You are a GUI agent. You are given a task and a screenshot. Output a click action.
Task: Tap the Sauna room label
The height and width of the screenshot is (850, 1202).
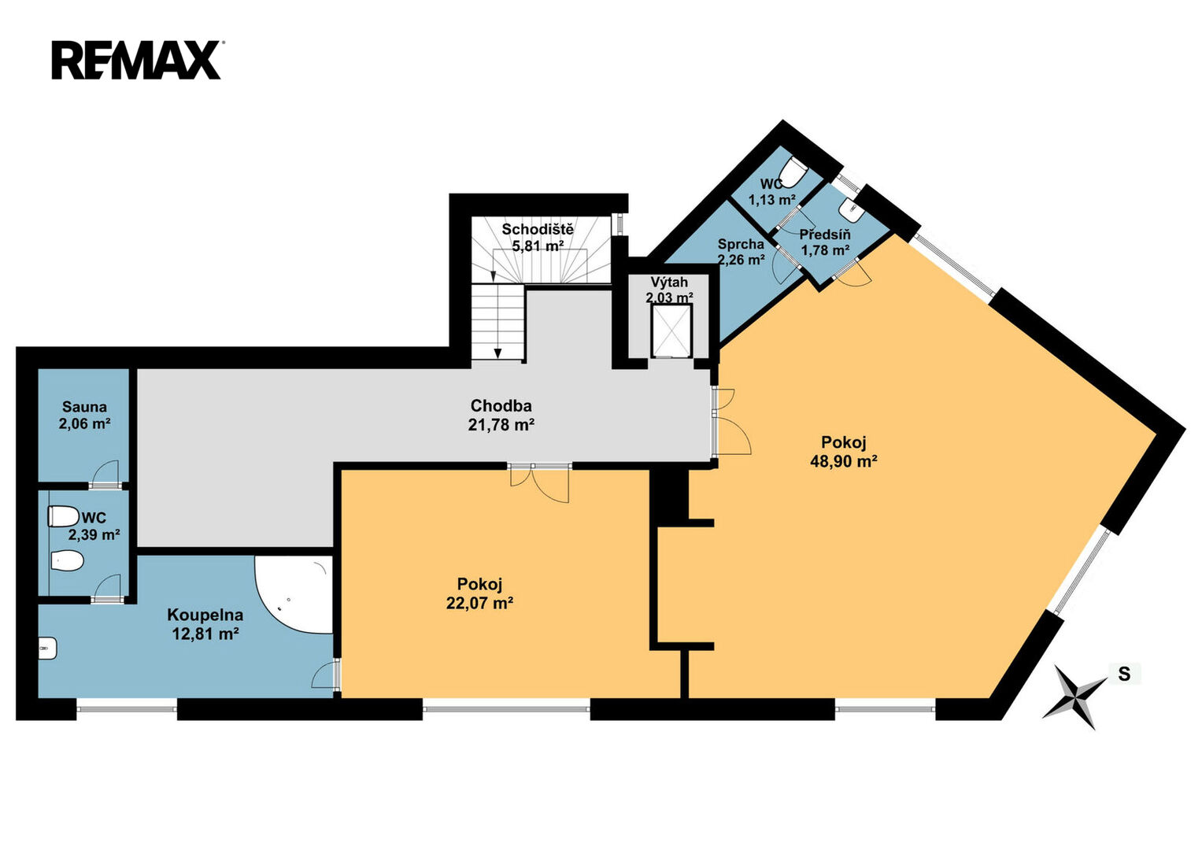(x=84, y=407)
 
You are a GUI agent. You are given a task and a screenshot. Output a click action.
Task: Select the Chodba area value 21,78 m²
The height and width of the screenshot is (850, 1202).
(x=501, y=425)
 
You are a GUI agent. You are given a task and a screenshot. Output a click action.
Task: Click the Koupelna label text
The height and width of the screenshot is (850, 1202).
(x=205, y=615)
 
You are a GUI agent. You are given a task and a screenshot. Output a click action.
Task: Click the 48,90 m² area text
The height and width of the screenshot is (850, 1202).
(x=844, y=461)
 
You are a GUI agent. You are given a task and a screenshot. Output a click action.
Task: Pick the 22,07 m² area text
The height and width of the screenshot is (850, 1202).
(x=479, y=603)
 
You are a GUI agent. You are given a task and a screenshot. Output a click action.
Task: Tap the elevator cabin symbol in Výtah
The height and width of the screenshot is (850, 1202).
(x=671, y=331)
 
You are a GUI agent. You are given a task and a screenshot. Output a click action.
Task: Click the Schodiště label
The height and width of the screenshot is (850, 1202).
(x=538, y=230)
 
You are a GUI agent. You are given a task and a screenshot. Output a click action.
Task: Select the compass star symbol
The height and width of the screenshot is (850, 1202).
(x=1074, y=697)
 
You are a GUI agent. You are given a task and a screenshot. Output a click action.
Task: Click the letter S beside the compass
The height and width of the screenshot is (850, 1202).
(x=1124, y=674)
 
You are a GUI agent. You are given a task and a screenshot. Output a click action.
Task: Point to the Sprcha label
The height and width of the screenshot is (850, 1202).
(x=741, y=244)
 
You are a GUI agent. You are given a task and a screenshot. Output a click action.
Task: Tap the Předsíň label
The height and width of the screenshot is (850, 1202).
(x=825, y=235)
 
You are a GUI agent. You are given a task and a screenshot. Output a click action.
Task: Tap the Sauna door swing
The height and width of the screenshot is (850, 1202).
(x=105, y=473)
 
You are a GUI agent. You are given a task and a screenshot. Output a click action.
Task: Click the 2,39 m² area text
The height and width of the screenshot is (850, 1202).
(x=94, y=535)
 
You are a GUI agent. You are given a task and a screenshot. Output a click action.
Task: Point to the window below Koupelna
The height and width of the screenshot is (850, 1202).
(x=127, y=709)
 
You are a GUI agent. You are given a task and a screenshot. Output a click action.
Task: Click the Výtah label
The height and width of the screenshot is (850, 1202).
(x=669, y=282)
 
